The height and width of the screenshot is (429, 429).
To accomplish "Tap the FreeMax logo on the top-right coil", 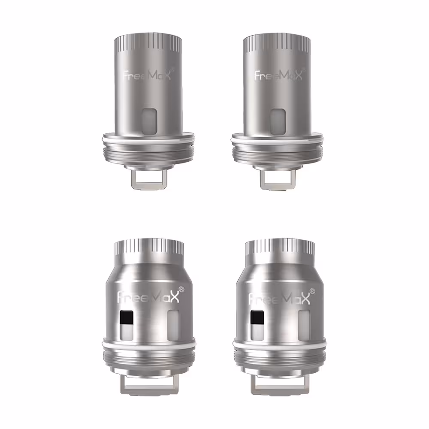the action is [278, 75].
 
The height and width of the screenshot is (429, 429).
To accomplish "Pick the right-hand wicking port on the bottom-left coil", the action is [173, 325].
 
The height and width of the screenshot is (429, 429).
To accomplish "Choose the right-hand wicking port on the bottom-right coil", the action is [304, 325].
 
